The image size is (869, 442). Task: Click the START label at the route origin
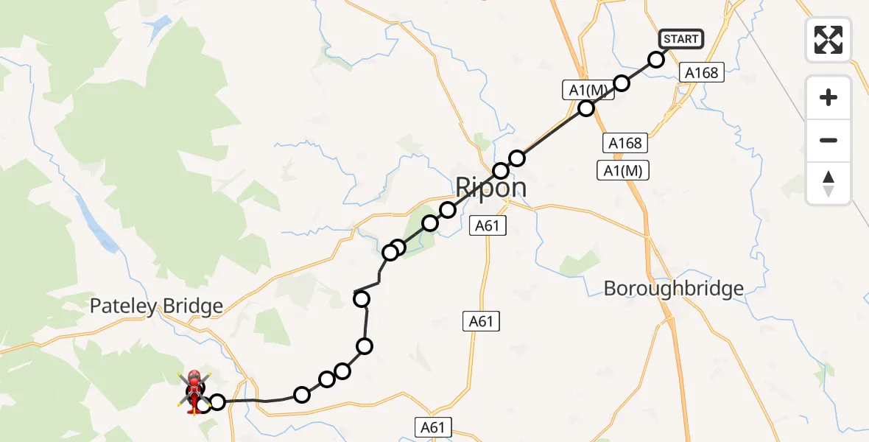[x=681, y=38]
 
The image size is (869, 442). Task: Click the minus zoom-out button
[x=828, y=140]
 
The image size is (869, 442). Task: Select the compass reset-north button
[x=828, y=183]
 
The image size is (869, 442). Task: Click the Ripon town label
[x=490, y=187]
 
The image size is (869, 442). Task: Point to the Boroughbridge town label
[x=673, y=288]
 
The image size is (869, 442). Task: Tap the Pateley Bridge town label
[x=156, y=306]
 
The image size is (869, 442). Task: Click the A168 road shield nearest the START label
[x=701, y=72]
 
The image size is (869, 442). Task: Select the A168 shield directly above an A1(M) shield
[x=625, y=143]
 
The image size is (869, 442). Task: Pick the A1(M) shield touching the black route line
[x=588, y=90]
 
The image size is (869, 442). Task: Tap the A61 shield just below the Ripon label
[x=487, y=225]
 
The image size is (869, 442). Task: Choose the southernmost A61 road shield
[x=432, y=427]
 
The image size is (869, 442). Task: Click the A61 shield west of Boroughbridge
[x=481, y=320]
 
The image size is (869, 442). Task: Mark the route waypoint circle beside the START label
[x=656, y=59]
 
